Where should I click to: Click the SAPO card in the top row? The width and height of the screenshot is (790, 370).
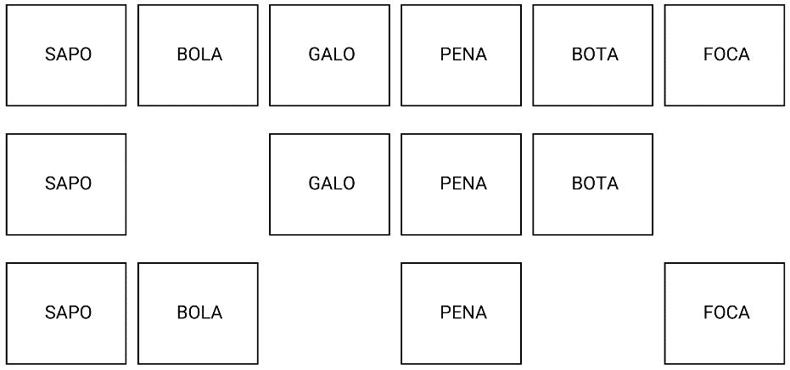coord(66,55)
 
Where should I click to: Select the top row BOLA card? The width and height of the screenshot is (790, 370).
coord(198,55)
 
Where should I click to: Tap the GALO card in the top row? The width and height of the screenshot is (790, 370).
coord(329,55)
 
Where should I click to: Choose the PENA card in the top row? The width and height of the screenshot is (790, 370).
coord(461,55)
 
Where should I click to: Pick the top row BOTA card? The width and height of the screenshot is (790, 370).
coord(592,55)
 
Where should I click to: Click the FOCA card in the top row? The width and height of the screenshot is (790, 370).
coord(724,55)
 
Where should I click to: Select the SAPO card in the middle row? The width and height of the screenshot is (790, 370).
coord(66,184)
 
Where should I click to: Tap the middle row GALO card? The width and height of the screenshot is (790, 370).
coord(329,184)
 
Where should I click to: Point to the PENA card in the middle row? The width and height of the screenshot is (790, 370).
coord(461,184)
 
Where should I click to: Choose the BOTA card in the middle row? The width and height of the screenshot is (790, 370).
coord(592,184)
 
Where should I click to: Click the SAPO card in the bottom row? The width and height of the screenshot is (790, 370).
coord(66,313)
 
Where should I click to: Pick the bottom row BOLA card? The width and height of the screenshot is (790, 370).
coord(198,313)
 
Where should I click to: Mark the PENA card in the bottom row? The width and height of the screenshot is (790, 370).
coord(461,313)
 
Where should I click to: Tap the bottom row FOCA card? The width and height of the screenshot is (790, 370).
coord(724,313)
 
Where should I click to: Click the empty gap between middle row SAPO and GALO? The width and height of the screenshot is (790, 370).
coord(198,184)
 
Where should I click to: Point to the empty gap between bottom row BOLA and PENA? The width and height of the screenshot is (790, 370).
coord(329,313)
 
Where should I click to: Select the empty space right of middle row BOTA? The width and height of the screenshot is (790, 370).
coord(724,184)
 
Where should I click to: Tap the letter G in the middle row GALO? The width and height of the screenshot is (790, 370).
coord(315,184)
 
